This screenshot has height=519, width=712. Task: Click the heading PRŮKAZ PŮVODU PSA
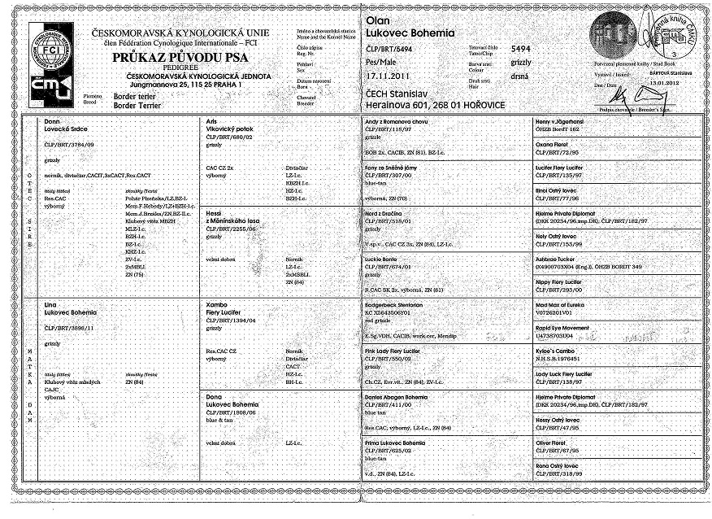pos(179,59)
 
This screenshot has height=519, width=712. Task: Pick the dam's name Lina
pos(51,303)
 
